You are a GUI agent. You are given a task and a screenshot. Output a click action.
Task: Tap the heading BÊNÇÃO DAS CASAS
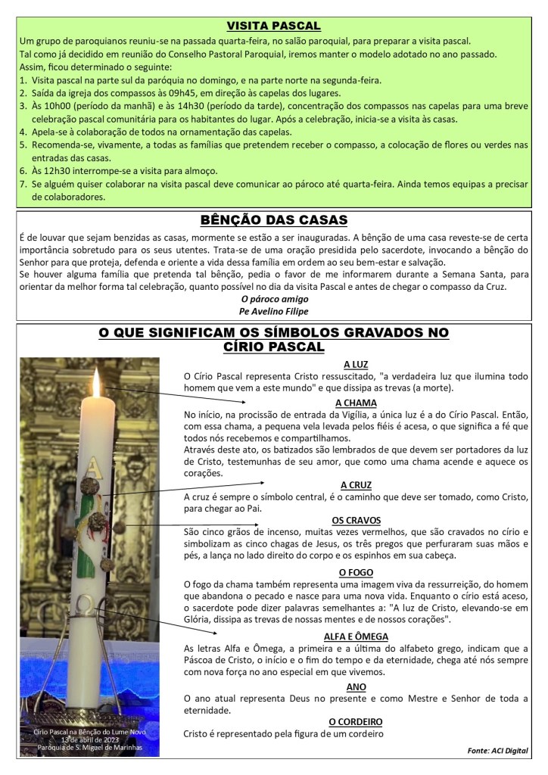tap(273, 220)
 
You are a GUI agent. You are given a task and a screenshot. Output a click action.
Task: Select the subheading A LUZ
tap(356, 364)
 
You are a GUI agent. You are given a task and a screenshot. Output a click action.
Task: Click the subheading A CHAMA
tap(356, 403)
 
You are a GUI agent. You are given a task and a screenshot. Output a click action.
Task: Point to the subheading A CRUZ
tap(356, 484)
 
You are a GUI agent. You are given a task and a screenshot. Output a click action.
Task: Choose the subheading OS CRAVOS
tap(356, 520)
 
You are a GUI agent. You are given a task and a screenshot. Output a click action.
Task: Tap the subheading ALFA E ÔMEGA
tap(356, 636)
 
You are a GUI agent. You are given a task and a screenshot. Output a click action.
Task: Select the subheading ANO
tap(356, 686)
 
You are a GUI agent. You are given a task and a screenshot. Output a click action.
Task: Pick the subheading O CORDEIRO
tap(356, 721)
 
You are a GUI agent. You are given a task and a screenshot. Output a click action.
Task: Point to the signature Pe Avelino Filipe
tap(273, 311)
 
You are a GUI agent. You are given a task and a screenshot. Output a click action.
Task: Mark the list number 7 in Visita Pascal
tap(23, 184)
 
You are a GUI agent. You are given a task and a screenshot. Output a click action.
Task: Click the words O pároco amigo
tap(273, 299)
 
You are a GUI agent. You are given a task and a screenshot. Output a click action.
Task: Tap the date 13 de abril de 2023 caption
tap(91, 739)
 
